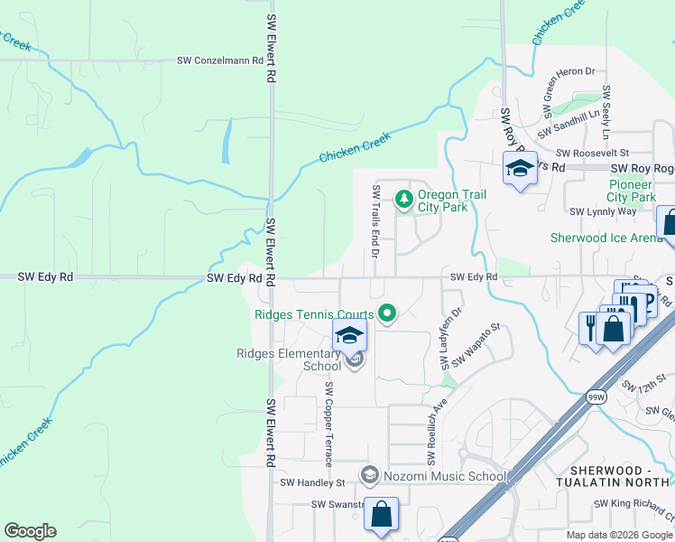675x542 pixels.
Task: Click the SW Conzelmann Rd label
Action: (x=219, y=61)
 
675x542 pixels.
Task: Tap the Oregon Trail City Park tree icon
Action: (x=405, y=198)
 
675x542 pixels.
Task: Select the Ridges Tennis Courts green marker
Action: (x=388, y=314)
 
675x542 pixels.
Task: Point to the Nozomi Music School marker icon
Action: (x=368, y=474)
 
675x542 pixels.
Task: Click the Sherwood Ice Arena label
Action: (x=606, y=238)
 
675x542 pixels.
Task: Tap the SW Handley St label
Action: (x=312, y=483)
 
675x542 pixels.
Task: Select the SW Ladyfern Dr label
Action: (x=450, y=338)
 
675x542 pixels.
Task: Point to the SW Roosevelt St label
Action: (x=592, y=154)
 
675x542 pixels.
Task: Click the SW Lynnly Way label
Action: (x=603, y=211)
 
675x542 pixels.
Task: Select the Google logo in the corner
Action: (x=30, y=531)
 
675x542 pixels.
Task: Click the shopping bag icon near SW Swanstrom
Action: (x=381, y=516)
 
